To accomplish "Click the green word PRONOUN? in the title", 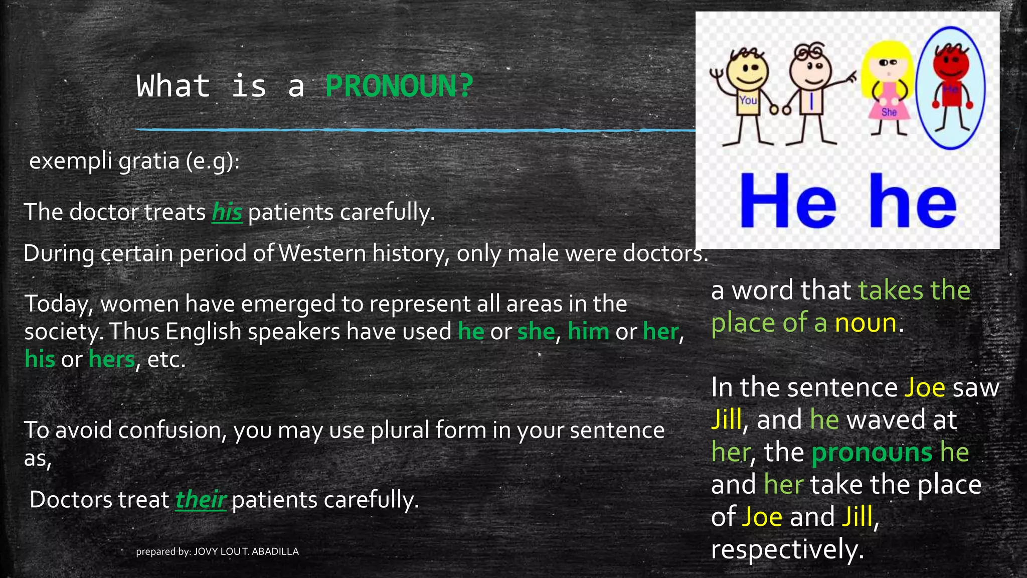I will click(399, 86).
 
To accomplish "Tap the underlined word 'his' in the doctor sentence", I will click(227, 212).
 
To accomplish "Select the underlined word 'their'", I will click(201, 500).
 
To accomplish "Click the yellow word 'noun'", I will click(866, 323).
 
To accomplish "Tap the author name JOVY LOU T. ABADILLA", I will click(246, 551).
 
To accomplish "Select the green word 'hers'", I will click(112, 359).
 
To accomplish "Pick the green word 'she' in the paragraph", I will click(536, 332).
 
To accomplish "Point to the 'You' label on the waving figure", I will click(748, 100).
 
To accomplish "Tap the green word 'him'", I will click(588, 332).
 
